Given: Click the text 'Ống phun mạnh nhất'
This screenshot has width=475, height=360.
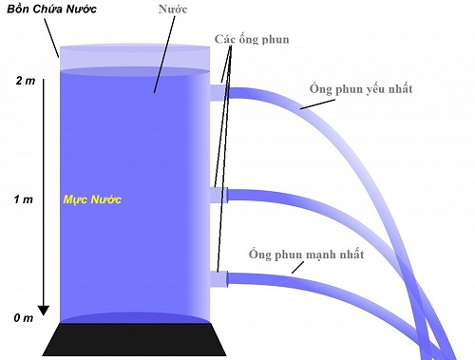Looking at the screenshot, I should (x=305, y=254).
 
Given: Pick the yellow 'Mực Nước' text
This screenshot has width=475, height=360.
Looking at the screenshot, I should (x=93, y=201).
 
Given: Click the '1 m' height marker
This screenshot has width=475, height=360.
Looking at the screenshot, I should (x=22, y=199).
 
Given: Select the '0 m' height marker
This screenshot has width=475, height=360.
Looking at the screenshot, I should (x=22, y=318).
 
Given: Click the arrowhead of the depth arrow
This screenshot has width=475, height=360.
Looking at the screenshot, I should (x=43, y=310).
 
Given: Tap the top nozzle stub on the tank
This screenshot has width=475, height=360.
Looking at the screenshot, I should (x=218, y=91).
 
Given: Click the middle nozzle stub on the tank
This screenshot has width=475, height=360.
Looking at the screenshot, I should (x=218, y=195).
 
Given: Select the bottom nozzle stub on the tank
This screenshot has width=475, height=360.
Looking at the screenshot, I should (x=218, y=279).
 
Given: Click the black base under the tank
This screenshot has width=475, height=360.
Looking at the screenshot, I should (x=133, y=339).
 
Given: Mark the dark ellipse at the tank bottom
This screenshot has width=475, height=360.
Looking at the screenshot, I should (x=133, y=316).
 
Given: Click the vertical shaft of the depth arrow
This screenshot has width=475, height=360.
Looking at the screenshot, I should (x=43, y=190).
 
